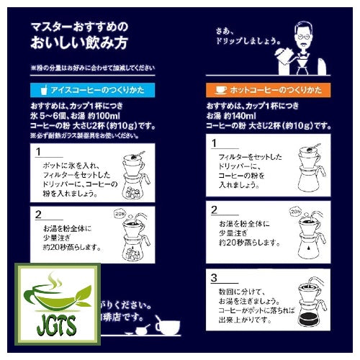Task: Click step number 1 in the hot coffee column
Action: click(214, 145)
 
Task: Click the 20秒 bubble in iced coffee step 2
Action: click(120, 214)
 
